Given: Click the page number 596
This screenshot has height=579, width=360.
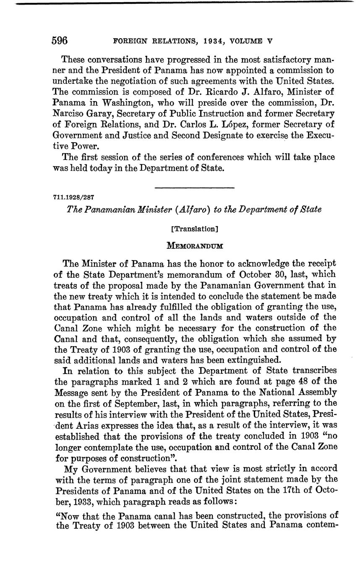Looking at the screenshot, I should point(60,41).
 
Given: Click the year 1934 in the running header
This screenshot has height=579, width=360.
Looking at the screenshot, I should point(203,41).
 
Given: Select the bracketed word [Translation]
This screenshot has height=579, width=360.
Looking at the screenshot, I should point(194,229).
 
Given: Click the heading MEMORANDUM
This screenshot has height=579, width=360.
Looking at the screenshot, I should point(195,246).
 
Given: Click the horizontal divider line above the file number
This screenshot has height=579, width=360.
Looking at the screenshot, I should point(194,188).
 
